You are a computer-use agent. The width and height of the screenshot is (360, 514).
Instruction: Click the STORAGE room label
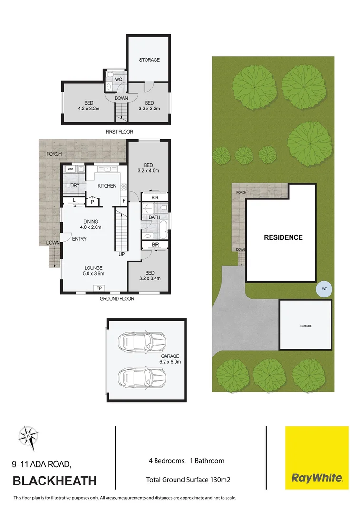[x=149, y=60]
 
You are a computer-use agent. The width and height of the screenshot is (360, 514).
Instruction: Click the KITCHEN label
[x=107, y=186]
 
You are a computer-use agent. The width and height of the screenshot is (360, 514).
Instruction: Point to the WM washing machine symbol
[x=70, y=169]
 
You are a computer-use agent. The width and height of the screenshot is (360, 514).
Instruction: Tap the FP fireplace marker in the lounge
[x=99, y=288]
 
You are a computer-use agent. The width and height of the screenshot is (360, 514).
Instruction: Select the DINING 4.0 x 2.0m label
[x=90, y=225]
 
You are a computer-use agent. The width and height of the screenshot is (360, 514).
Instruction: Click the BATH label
[x=154, y=217]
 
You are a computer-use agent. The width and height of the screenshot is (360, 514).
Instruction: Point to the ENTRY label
[x=79, y=239]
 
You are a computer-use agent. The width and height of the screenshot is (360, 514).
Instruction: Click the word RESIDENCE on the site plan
[x=283, y=237]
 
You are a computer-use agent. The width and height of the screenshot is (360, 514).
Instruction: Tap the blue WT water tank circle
[x=324, y=289]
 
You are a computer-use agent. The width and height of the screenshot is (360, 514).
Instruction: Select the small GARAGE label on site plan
[x=305, y=326]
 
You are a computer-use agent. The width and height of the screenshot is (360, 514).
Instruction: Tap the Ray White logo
[x=316, y=458]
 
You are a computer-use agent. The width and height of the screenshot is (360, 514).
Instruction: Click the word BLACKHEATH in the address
[x=54, y=481]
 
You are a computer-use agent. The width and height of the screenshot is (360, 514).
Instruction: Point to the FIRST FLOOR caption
[x=119, y=132]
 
